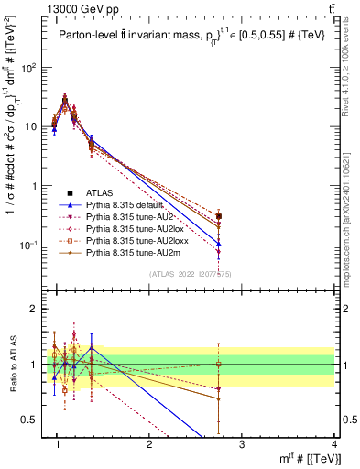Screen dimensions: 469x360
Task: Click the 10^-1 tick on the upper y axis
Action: coord(27,245)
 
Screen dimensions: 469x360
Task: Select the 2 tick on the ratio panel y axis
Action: coord(35,309)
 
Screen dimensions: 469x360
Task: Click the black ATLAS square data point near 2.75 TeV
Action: coord(218,216)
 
